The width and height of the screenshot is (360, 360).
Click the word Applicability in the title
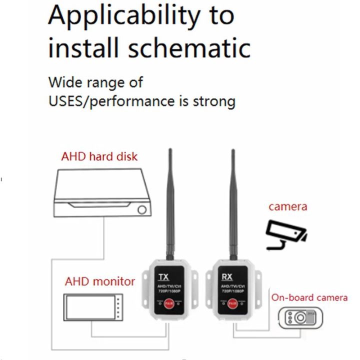click(123, 17)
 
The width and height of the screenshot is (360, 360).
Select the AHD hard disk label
click(99, 156)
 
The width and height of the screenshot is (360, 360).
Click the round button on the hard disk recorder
click(142, 209)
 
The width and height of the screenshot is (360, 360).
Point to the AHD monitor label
click(100, 281)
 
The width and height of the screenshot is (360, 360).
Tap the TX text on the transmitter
click(163, 277)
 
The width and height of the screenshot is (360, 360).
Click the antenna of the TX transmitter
click(170, 200)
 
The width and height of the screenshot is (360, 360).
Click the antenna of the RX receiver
click(232, 200)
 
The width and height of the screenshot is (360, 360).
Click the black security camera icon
click(286, 234)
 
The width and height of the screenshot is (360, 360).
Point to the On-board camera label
click(309, 297)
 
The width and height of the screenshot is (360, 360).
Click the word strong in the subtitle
click(212, 101)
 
